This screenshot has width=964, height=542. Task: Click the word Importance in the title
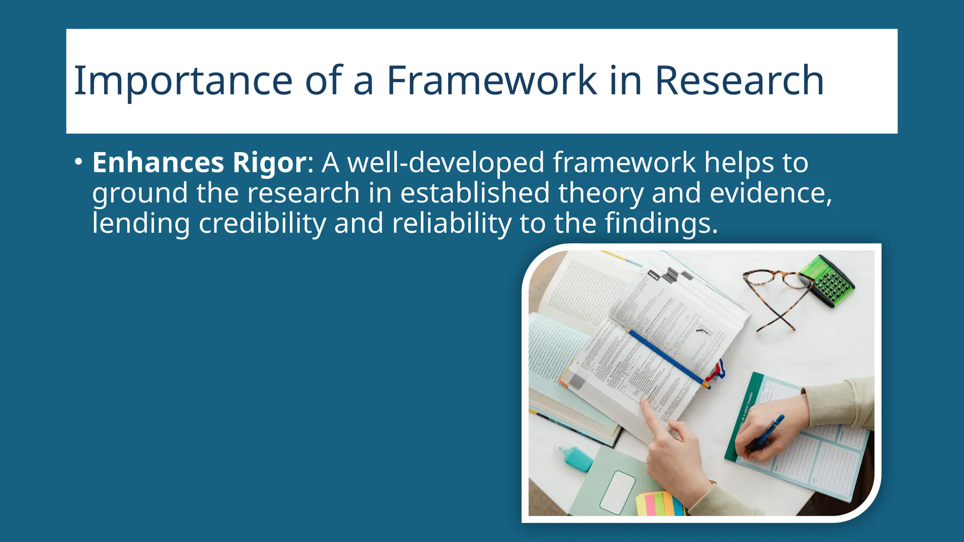coord(183,81)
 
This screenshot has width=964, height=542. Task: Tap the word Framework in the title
coord(491,81)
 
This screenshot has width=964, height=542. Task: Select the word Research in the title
coord(739,81)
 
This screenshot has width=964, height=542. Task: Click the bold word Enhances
coord(158,163)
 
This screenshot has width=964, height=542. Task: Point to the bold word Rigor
coord(270,163)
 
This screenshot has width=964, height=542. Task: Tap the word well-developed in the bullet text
coord(446,163)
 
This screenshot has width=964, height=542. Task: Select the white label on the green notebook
coord(618,492)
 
